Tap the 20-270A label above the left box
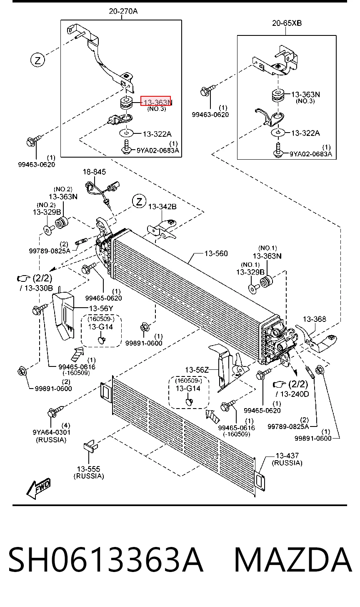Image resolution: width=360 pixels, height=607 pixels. point(123,11)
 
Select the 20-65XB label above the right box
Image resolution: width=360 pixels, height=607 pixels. point(287,23)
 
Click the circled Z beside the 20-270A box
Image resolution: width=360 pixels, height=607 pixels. point(37,60)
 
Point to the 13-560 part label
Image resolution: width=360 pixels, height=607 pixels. point(216,253)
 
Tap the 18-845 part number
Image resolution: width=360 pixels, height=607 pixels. point(94,172)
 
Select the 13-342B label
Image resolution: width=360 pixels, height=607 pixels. point(162,207)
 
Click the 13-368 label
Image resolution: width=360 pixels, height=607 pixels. point(315,319)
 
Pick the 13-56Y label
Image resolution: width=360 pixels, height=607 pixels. point(101,309)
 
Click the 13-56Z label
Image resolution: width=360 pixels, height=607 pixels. point(197,370)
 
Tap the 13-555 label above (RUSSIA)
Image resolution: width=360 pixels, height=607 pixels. point(89,469)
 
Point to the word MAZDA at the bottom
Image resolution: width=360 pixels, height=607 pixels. point(293,560)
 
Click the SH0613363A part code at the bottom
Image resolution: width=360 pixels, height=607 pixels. point(106,560)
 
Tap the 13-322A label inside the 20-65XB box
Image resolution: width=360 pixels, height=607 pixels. point(305,133)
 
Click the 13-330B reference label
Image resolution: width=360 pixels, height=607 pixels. point(38,288)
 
